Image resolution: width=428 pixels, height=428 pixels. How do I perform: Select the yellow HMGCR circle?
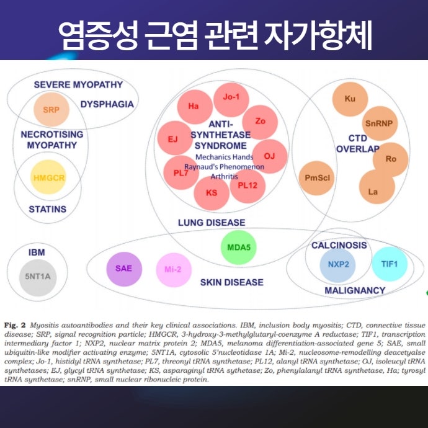point(48,177)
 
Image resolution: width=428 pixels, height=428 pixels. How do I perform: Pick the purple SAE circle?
point(124,269)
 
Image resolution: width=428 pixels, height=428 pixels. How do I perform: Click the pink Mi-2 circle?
point(173,270)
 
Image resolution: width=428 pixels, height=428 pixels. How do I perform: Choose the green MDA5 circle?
point(238,247)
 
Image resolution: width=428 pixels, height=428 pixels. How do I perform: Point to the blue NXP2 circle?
point(338,265)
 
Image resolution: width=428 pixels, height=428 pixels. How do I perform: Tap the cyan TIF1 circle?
point(389,265)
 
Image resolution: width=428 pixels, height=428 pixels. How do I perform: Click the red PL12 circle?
point(247,185)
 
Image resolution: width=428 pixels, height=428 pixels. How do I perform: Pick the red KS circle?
point(212,194)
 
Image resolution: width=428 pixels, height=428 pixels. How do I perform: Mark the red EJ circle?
point(174,138)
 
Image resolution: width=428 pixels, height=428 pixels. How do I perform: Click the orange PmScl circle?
point(316,178)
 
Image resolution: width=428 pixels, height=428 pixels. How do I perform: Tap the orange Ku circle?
point(349,99)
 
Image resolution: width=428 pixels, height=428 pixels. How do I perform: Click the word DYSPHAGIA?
point(107,104)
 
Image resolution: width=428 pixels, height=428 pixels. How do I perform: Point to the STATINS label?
point(47,209)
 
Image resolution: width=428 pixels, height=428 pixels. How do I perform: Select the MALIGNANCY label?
point(355,290)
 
